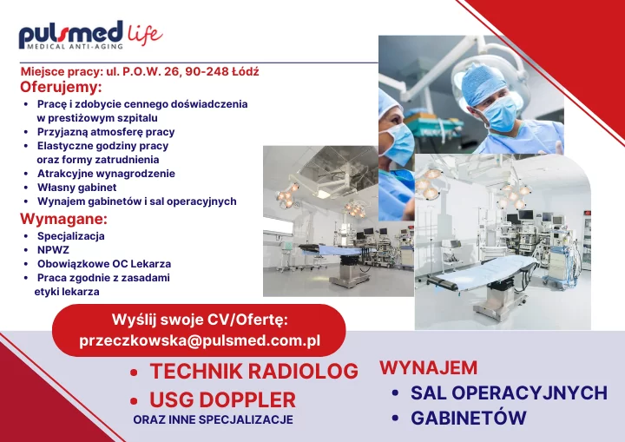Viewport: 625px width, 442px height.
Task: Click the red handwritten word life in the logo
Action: pos(145,35)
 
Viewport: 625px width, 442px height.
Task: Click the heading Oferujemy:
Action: pos(61,87)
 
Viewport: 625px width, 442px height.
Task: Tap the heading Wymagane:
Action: pos(63,219)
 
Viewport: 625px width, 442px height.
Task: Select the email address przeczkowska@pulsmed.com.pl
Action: pos(200,340)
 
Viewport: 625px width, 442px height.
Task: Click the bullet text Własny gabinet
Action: pos(77,188)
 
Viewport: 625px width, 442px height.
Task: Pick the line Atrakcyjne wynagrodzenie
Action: pos(106,174)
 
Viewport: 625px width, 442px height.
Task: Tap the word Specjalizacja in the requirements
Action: pos(71,236)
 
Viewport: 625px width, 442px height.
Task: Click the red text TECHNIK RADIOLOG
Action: pos(253,371)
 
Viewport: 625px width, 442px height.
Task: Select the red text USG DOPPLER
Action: pos(222,399)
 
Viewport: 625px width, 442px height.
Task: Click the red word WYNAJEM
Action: pos(429,368)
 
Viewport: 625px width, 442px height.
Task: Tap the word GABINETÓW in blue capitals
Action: pos(469,418)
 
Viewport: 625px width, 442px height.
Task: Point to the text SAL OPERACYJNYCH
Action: pos(509,393)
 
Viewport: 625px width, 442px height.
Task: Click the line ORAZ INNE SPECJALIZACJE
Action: pos(214,419)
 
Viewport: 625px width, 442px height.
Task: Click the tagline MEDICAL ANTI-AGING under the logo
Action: pos(75,46)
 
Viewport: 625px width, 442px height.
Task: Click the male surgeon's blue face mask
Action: pos(500,113)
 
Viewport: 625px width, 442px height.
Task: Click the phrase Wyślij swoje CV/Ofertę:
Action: pos(200,320)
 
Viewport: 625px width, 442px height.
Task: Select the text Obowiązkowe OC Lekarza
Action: pos(104,264)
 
